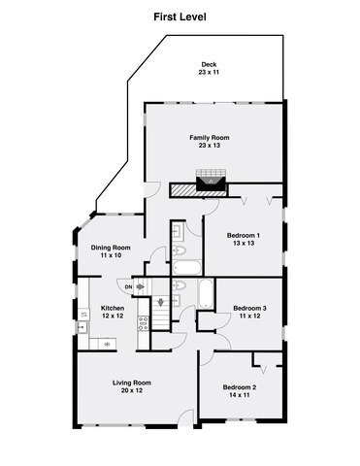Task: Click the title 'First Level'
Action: click(x=180, y=17)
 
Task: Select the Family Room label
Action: click(x=209, y=137)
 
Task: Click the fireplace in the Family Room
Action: click(x=210, y=181)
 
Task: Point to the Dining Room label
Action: click(x=112, y=248)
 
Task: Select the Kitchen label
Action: click(x=113, y=309)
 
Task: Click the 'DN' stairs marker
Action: click(x=127, y=285)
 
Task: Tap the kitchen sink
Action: click(x=82, y=326)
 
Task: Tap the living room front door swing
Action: click(x=185, y=416)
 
